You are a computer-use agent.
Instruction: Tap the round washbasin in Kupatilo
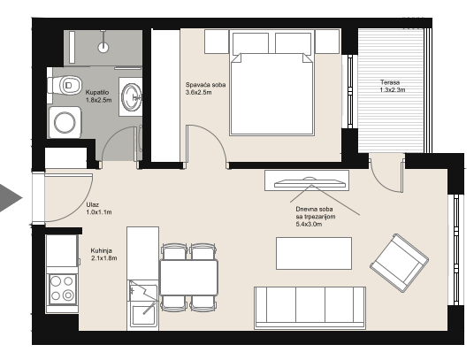132,96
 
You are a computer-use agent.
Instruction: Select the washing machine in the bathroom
65,122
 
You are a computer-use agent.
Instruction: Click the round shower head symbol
103,47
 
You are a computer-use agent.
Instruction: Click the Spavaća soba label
205,85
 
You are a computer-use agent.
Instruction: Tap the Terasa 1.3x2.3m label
393,86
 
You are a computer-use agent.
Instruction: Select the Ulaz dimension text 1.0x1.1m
99,212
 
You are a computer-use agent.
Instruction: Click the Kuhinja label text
102,250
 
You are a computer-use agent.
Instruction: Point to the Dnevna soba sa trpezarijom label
316,217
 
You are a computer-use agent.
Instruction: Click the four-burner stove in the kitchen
62,287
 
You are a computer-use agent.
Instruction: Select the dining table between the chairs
188,277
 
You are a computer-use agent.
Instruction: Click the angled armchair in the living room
400,263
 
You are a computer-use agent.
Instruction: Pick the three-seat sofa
310,308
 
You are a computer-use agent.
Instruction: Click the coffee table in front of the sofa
314,253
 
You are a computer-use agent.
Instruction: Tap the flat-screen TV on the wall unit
310,183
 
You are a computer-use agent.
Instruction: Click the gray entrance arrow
11,198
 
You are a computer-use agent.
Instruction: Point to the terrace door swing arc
381,181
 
